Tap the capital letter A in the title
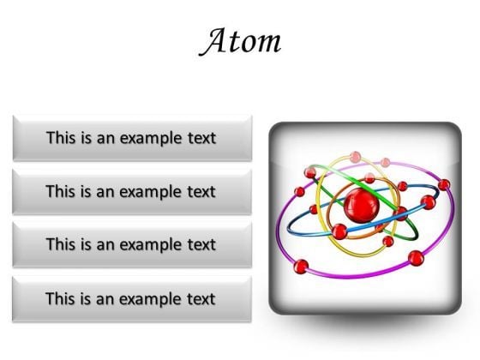213,40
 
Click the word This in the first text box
62,137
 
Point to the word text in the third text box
199,244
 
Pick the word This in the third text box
62,244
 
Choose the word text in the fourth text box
199,298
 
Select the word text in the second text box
199,191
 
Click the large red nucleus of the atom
360,205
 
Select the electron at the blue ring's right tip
428,202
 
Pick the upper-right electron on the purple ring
443,183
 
